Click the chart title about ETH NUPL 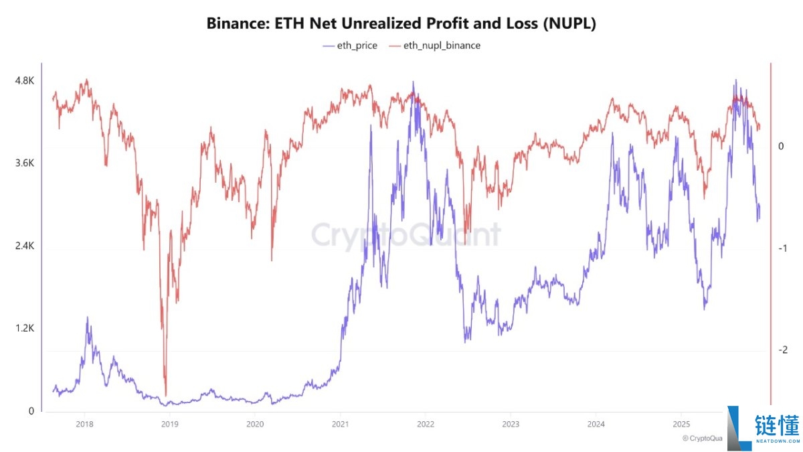coord(401,23)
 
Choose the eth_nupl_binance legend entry coord(434,46)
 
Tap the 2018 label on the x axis coord(84,424)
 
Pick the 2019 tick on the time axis coord(169,424)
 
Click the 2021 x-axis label coord(340,424)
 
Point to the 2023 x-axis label coord(510,424)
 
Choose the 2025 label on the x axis coord(681,424)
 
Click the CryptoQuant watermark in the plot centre coord(406,236)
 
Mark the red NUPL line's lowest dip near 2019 coord(165,395)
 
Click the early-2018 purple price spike coord(87,319)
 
